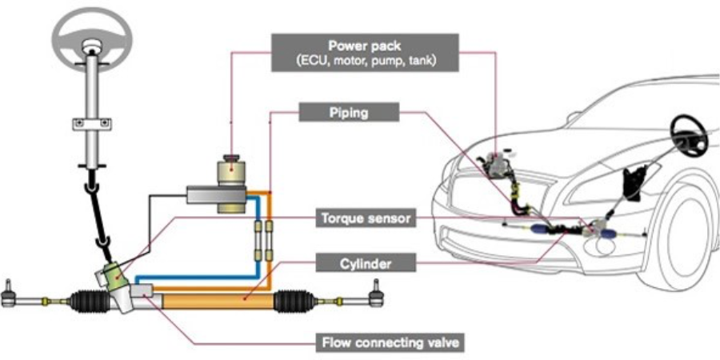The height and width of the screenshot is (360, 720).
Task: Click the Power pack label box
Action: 365,52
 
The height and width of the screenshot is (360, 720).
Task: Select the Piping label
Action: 349,112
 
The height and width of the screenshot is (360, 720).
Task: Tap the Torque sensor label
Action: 366,218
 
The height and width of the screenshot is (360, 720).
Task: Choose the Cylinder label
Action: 366,263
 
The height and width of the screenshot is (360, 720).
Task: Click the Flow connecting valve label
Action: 390,342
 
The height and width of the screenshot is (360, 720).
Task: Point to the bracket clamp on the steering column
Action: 92,123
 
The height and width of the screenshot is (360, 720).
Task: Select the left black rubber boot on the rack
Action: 90,302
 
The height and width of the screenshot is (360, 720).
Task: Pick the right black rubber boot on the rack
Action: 294,302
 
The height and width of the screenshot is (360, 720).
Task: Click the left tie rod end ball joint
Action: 8,294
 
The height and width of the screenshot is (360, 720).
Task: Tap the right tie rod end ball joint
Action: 377,293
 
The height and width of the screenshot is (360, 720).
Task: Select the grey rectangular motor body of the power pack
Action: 216,194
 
